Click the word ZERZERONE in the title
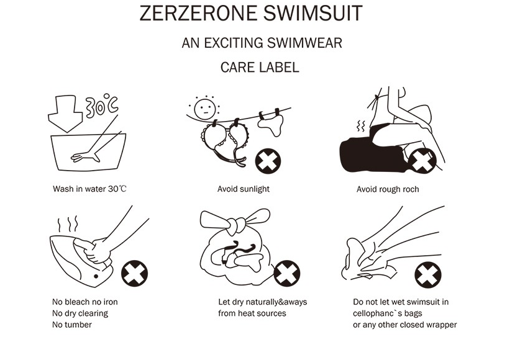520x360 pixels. tap(198, 13)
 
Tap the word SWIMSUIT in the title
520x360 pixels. tap(313, 13)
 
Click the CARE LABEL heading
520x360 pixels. tap(260, 67)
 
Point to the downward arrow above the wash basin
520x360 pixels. tap(65, 114)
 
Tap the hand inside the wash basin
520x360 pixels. tap(86, 156)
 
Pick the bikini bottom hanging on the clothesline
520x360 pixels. tap(271, 122)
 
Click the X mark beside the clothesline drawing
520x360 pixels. tap(268, 161)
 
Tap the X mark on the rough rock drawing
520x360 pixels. tap(422, 161)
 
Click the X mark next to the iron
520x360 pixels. tap(134, 273)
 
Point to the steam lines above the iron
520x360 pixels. tap(68, 224)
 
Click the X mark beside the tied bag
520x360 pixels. tap(286, 274)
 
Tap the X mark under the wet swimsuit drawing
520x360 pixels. tap(428, 275)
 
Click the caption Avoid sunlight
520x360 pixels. tap(244, 189)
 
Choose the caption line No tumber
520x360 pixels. tap(72, 325)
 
